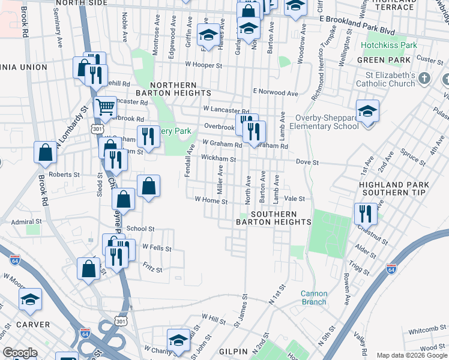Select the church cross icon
425,79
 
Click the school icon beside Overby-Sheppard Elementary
367,112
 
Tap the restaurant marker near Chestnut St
365,214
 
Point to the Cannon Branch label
314,298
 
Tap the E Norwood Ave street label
276,93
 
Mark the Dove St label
307,162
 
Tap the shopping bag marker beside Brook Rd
46,154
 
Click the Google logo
19,353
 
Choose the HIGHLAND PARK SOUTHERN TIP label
394,188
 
